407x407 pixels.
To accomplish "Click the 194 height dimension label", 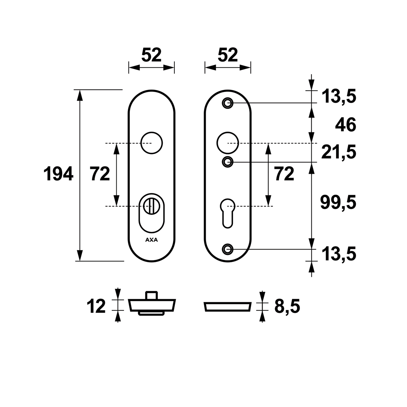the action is click(x=58, y=174).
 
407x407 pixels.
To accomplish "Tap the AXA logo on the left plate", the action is click(x=151, y=240).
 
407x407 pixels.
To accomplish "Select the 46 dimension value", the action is click(x=345, y=125).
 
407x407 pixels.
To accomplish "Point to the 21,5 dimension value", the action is click(x=339, y=152).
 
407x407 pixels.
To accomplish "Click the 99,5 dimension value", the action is click(x=338, y=202).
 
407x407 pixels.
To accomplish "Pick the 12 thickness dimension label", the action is click(x=96, y=306).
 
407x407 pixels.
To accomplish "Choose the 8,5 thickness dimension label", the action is click(x=287, y=306).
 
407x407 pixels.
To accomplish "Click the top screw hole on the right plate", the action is click(x=228, y=103).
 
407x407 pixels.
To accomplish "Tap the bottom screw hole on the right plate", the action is click(x=228, y=249).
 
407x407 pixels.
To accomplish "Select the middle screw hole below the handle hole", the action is click(x=228, y=162).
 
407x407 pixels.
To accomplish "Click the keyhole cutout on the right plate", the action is click(x=228, y=213).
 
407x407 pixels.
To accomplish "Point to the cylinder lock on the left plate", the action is click(x=152, y=213).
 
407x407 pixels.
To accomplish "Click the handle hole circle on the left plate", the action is click(x=152, y=143).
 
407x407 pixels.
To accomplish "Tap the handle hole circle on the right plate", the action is click(x=228, y=143).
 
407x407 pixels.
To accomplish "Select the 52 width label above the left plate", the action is click(x=151, y=55).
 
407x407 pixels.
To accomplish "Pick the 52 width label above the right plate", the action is click(x=228, y=55).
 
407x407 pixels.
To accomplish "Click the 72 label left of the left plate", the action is click(x=100, y=174).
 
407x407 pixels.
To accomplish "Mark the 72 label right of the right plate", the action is click(x=284, y=174).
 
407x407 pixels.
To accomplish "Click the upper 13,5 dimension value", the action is click(x=339, y=96).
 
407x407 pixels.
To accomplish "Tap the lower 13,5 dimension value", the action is click(x=339, y=254).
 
